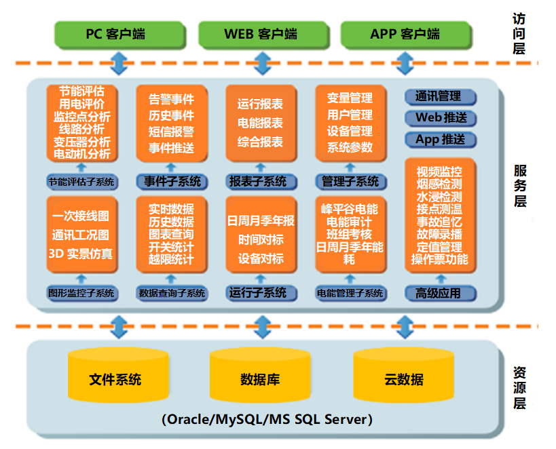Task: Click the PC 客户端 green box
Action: pos(119,33)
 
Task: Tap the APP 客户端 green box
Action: pos(405,33)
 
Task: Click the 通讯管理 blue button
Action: pos(441,96)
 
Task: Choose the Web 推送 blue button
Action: pos(441,118)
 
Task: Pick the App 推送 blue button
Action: pos(441,140)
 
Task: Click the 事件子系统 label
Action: pos(172,182)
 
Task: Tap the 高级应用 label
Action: pos(441,294)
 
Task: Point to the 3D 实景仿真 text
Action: pos(81,254)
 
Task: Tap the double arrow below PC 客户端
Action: pos(120,62)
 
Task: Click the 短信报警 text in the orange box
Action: pos(171,132)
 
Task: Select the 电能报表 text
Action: pos(261,123)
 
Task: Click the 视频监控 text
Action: pos(441,171)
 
